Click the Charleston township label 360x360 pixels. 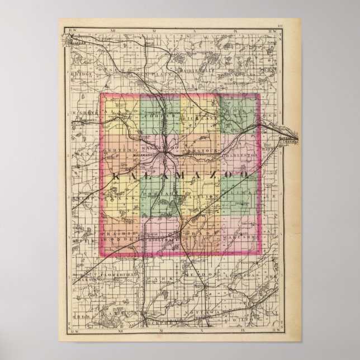point(241,151)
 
